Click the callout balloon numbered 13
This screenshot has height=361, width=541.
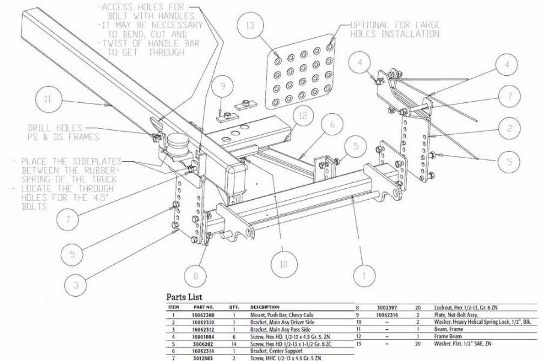[249, 26]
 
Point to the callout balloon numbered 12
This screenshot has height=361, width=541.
[304, 115]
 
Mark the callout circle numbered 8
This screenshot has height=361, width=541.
[195, 276]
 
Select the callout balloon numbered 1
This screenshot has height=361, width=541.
[362, 276]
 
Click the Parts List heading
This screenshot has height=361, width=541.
[188, 297]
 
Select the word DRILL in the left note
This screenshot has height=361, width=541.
[40, 128]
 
